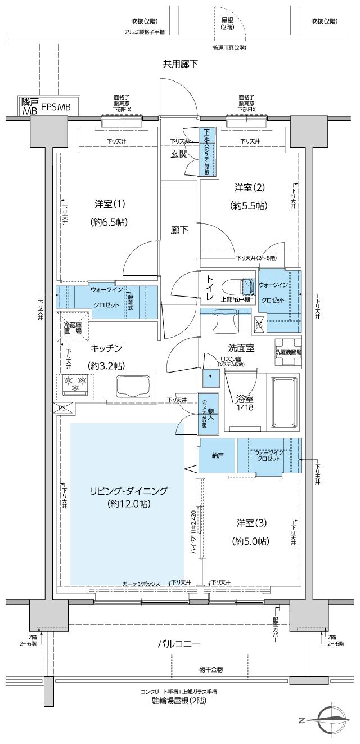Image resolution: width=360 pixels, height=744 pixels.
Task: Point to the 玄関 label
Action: pos(179,154)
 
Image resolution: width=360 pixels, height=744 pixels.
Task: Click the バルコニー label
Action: pos(179,644)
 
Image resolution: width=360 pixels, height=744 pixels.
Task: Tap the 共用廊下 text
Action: pos(180,64)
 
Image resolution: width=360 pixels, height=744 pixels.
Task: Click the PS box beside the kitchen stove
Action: pos(61,408)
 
